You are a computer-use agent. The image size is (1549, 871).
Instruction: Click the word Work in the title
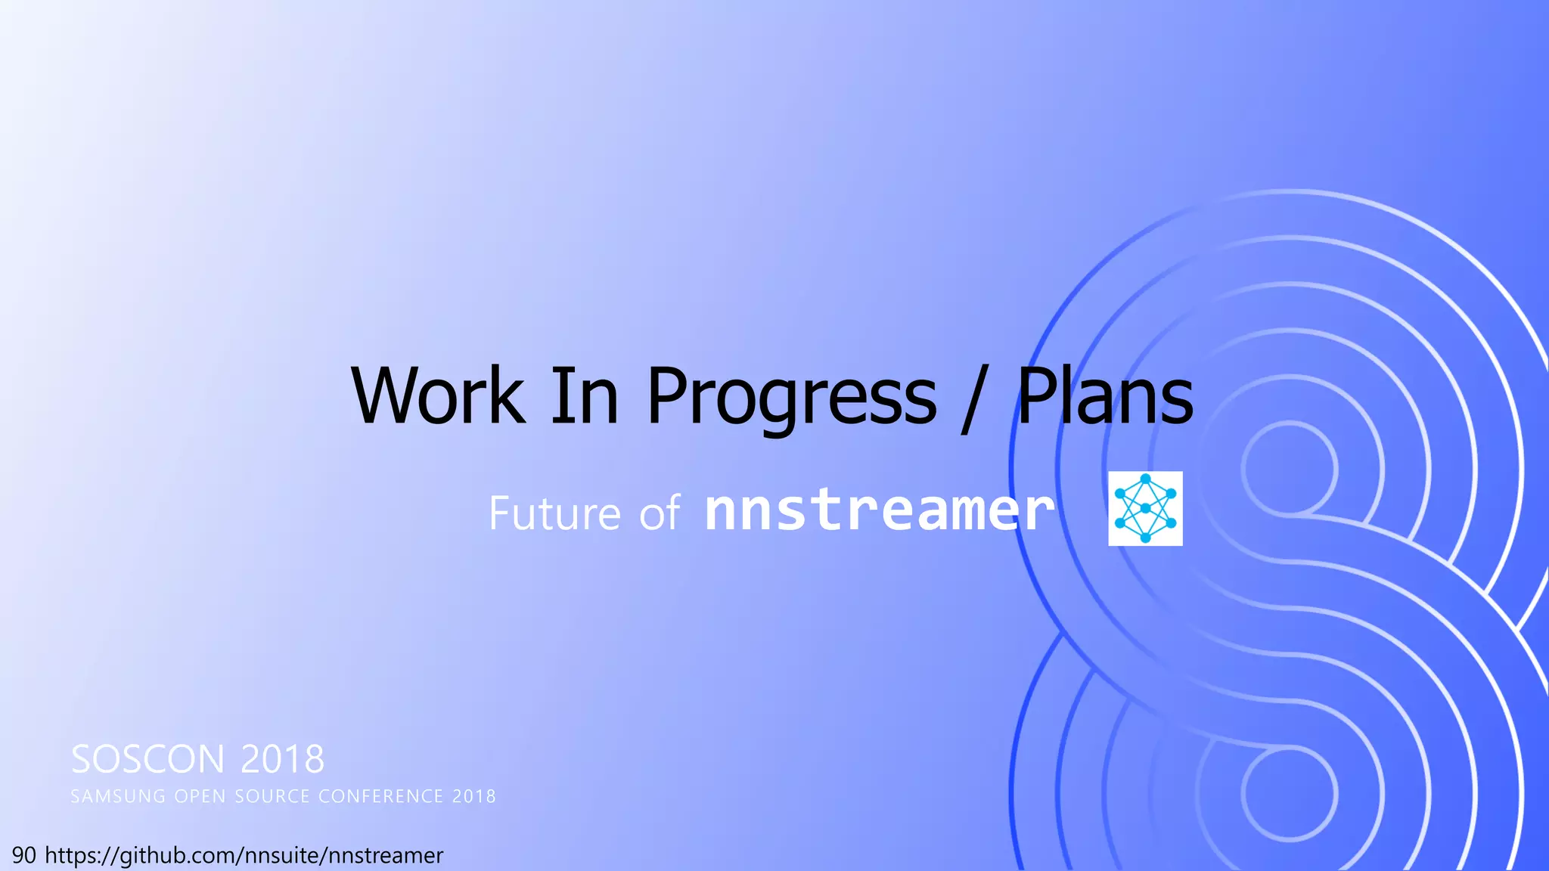click(437, 395)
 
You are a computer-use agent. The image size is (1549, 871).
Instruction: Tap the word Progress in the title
click(791, 397)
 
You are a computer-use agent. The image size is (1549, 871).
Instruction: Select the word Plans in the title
click(1104, 395)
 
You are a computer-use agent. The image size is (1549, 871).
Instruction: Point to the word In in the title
click(584, 395)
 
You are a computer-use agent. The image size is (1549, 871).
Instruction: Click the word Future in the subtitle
click(554, 513)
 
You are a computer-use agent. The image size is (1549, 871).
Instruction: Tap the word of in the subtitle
click(659, 514)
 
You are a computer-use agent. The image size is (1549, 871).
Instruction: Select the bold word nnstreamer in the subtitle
click(879, 510)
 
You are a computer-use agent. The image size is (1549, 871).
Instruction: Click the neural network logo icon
click(1145, 508)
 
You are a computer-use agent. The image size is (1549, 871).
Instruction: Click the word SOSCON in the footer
click(147, 759)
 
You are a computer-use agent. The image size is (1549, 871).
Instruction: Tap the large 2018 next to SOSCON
click(282, 759)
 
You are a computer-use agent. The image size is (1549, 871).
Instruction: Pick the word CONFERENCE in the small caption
click(380, 797)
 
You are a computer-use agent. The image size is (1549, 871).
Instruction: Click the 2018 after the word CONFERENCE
click(474, 797)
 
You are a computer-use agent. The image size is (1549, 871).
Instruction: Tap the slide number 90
click(23, 855)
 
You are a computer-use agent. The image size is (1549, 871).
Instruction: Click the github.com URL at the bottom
click(244, 855)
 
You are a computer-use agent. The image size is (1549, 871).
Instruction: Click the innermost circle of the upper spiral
click(1289, 469)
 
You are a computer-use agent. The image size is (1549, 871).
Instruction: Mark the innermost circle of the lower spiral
click(1289, 793)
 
